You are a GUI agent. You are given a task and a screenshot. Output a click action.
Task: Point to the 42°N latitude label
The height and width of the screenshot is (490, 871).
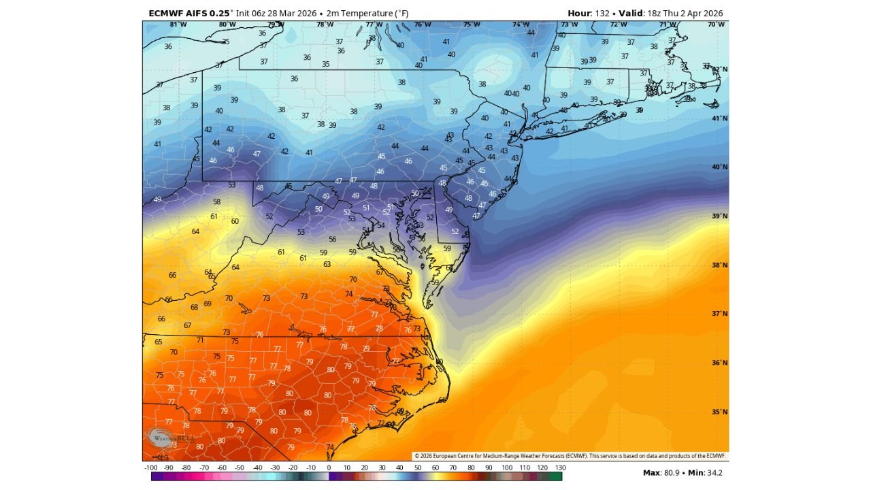[x=720, y=69]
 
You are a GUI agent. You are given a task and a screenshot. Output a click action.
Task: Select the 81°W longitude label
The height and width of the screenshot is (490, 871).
[x=178, y=24]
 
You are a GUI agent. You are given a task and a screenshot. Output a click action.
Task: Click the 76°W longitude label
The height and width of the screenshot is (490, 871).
[x=423, y=24]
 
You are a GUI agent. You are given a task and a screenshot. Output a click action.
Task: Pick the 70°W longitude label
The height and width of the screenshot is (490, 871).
[x=716, y=24]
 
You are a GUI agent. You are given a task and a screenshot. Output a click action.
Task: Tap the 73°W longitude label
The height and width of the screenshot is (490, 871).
[x=570, y=24]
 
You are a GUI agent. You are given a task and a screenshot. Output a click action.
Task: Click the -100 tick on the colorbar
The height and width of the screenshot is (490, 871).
[x=151, y=468]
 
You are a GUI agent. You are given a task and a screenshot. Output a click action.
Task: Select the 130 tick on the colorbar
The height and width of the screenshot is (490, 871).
[x=561, y=468]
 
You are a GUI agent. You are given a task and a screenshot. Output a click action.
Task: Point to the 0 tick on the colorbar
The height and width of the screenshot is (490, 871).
[x=329, y=468]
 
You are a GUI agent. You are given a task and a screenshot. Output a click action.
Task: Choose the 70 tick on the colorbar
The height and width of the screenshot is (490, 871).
[x=453, y=468]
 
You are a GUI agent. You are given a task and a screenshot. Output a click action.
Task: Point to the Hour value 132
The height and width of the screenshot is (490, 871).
[x=602, y=13]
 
